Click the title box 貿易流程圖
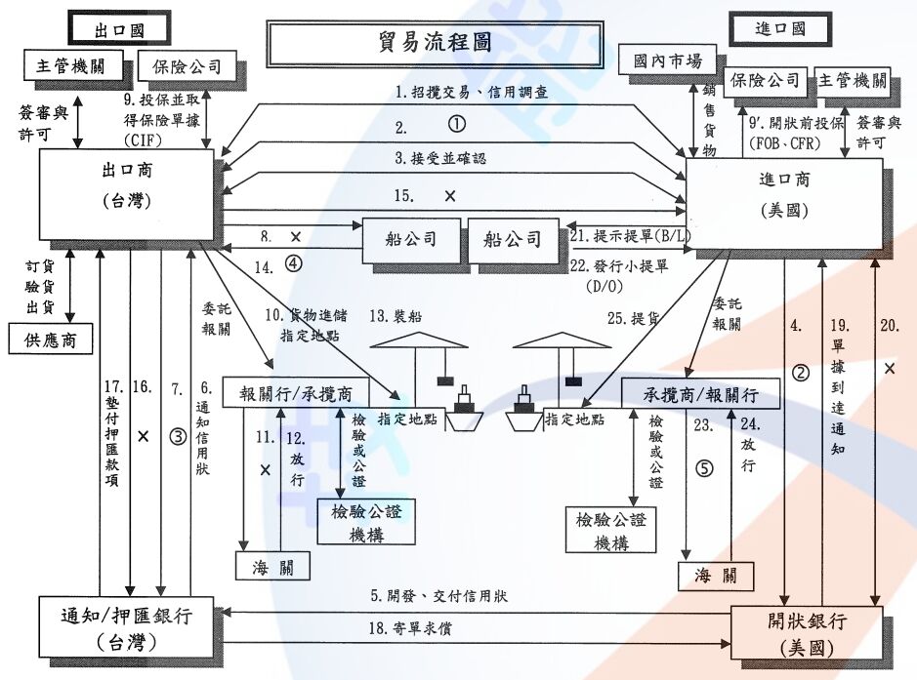[x=435, y=43]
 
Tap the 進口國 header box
[x=780, y=27]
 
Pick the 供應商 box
[x=51, y=340]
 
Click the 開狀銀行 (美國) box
[x=808, y=631]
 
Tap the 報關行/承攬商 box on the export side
[x=296, y=393]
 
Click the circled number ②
[x=801, y=372]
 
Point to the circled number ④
[x=294, y=262]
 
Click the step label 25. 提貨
[x=628, y=317]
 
